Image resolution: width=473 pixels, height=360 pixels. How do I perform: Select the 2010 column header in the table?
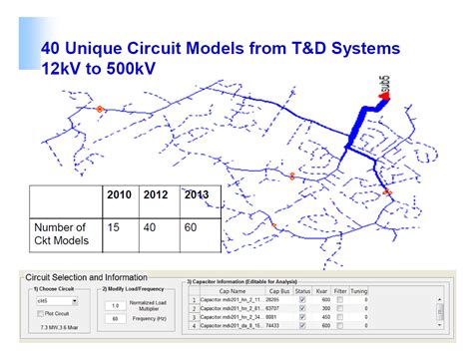point(121,194)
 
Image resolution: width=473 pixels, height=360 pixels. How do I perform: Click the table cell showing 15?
point(113,228)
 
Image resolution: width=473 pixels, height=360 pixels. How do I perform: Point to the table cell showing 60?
point(191,228)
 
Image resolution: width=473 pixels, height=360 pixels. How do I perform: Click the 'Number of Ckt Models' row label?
point(63,234)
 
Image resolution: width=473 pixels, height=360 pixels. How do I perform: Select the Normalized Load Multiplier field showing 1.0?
point(116,306)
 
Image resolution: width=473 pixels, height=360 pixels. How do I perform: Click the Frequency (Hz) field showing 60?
point(116,319)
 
